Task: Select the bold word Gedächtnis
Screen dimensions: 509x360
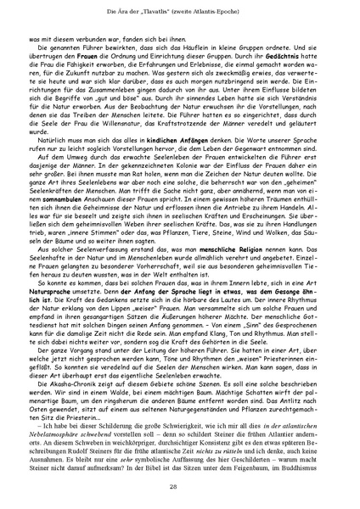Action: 297,64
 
